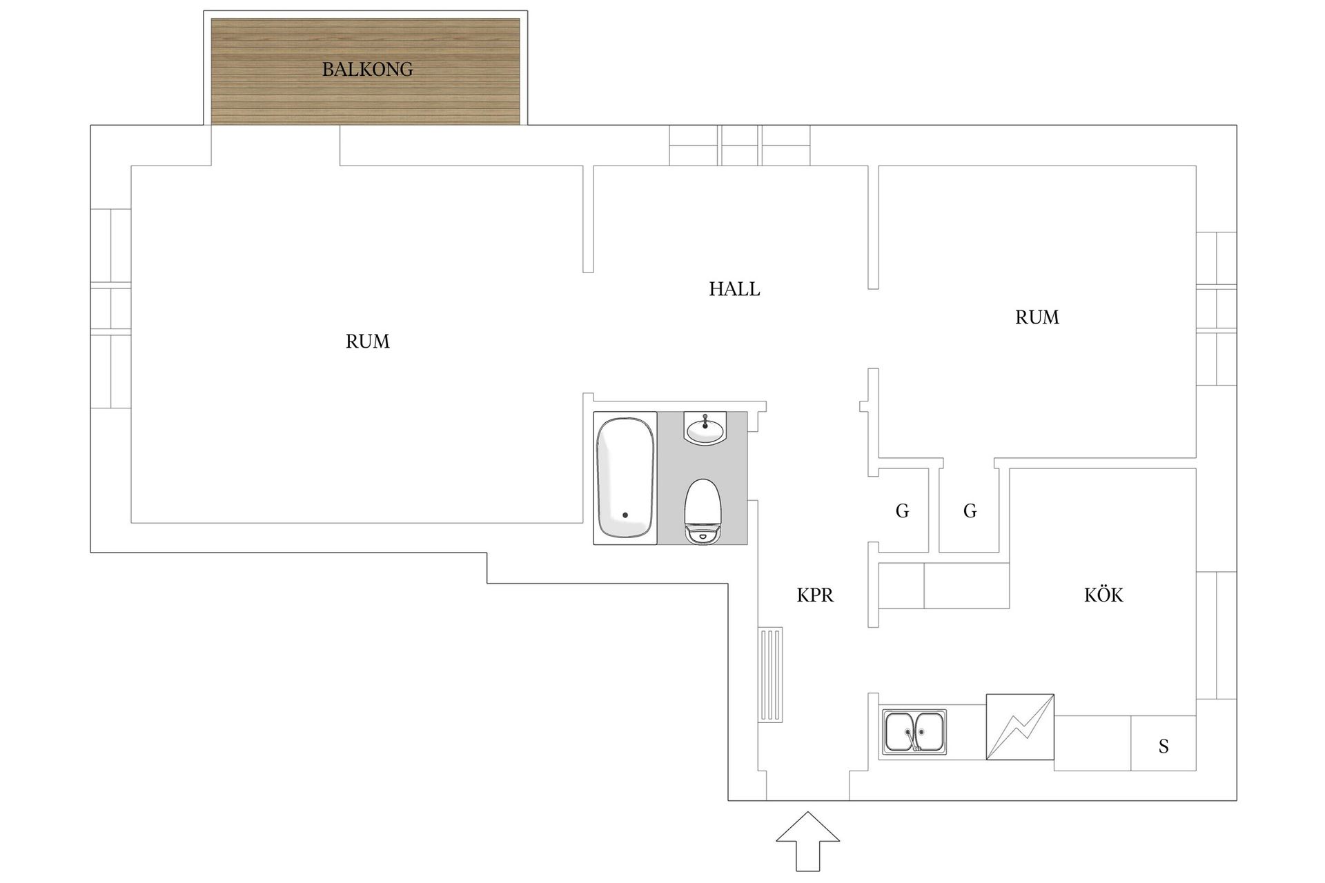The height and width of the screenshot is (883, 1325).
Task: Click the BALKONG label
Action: (x=367, y=70)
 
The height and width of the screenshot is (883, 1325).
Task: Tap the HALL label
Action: (x=734, y=289)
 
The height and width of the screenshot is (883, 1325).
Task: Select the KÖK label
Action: (x=1103, y=595)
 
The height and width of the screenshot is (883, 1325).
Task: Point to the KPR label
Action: (x=815, y=595)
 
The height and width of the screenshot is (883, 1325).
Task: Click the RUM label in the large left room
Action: (x=367, y=341)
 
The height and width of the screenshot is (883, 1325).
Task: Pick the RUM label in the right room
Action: (x=1037, y=317)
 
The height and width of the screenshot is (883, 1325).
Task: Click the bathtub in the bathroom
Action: (x=625, y=477)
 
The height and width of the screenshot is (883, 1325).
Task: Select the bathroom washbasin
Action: (x=705, y=428)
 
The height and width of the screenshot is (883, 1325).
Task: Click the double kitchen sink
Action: (x=914, y=732)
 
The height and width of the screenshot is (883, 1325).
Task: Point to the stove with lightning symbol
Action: (x=1020, y=727)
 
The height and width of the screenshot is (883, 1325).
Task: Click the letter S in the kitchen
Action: (x=1164, y=746)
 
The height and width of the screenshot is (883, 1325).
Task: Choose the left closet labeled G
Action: (x=902, y=511)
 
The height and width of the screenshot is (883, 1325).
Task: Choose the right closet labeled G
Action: (x=970, y=511)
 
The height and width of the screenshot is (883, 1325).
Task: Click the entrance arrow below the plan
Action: (x=807, y=842)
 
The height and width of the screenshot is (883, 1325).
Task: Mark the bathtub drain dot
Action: (x=625, y=515)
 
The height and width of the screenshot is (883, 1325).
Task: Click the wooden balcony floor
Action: (x=365, y=72)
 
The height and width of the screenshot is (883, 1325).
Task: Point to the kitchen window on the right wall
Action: (x=1216, y=635)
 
